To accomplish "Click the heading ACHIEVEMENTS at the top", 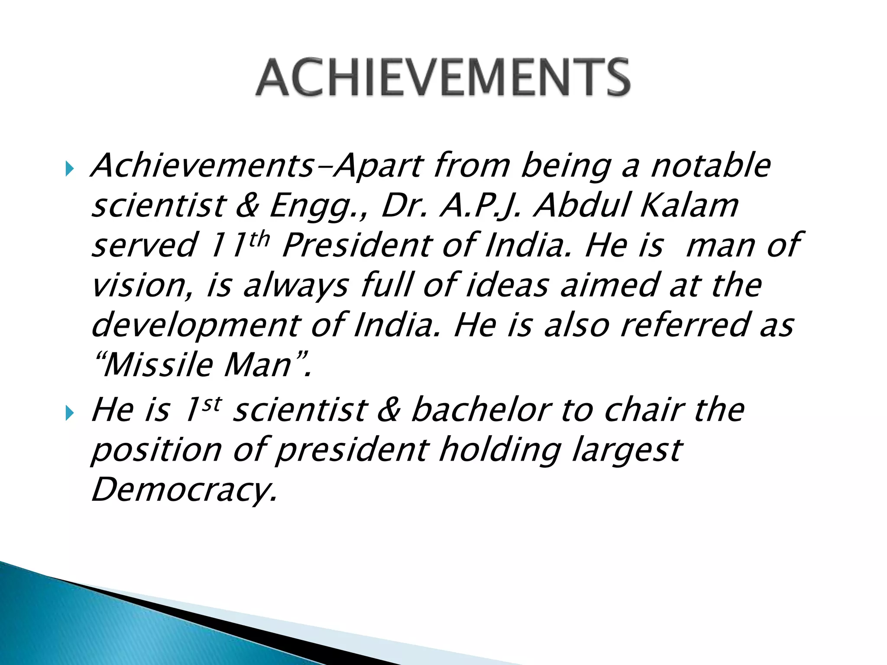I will (443, 78).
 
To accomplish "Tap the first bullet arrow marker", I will (70, 168).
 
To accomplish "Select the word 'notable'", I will (710, 166).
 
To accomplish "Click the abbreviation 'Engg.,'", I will (318, 206).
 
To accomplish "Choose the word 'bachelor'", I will (481, 410).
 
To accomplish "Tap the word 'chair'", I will (645, 410).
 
